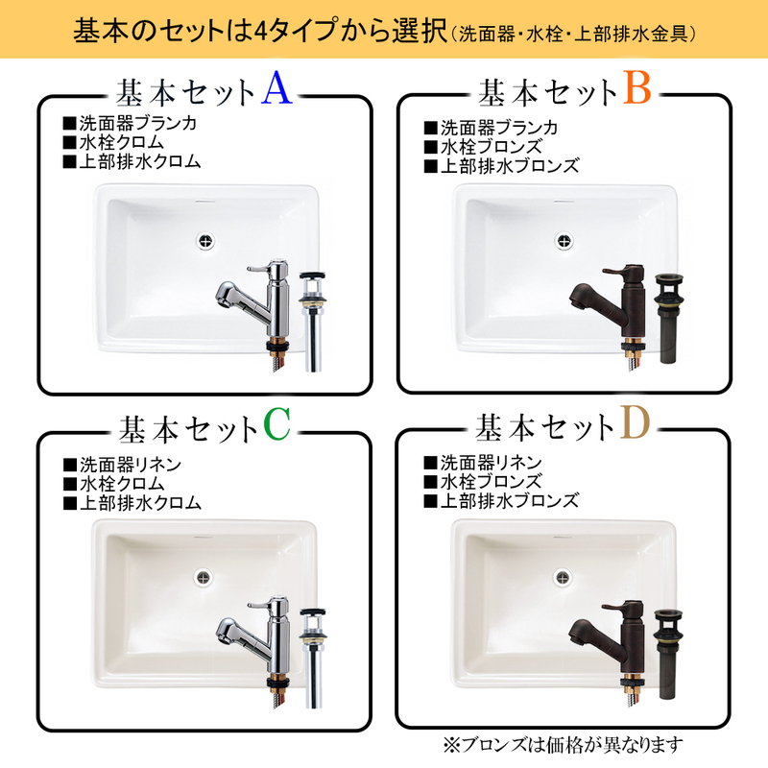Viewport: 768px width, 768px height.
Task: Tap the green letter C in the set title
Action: (x=276, y=426)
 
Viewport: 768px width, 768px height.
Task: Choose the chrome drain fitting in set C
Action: (x=313, y=653)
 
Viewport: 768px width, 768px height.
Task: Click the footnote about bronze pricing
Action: (x=566, y=744)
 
